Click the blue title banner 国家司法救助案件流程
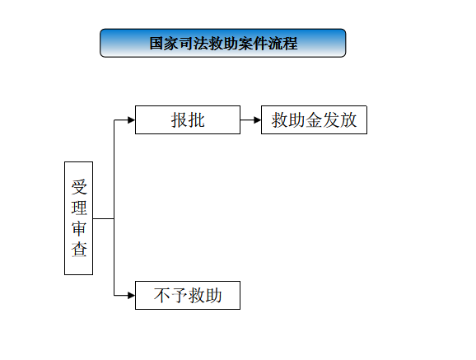pyautogui.click(x=223, y=43)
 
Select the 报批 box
pyautogui.click(x=188, y=119)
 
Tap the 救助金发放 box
pyautogui.click(x=314, y=119)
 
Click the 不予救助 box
pyautogui.click(x=188, y=295)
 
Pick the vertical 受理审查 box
pyautogui.click(x=78, y=218)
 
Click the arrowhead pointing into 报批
pyautogui.click(x=131, y=120)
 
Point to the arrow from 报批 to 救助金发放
pyautogui.click(x=250, y=120)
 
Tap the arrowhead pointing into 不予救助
pyautogui.click(x=131, y=295)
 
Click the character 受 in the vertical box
pyautogui.click(x=79, y=187)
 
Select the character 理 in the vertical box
pyautogui.click(x=79, y=208)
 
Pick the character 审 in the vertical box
pyautogui.click(x=79, y=228)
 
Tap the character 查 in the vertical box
pyautogui.click(x=79, y=249)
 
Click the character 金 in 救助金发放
pyautogui.click(x=314, y=119)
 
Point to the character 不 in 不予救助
pyautogui.click(x=162, y=295)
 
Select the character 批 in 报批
pyautogui.click(x=196, y=119)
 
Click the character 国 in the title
pyautogui.click(x=156, y=43)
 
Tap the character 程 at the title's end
pyautogui.click(x=290, y=43)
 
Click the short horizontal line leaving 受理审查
pyautogui.click(x=104, y=218)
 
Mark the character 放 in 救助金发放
pyautogui.click(x=348, y=119)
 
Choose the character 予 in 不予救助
pyautogui.click(x=179, y=295)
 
